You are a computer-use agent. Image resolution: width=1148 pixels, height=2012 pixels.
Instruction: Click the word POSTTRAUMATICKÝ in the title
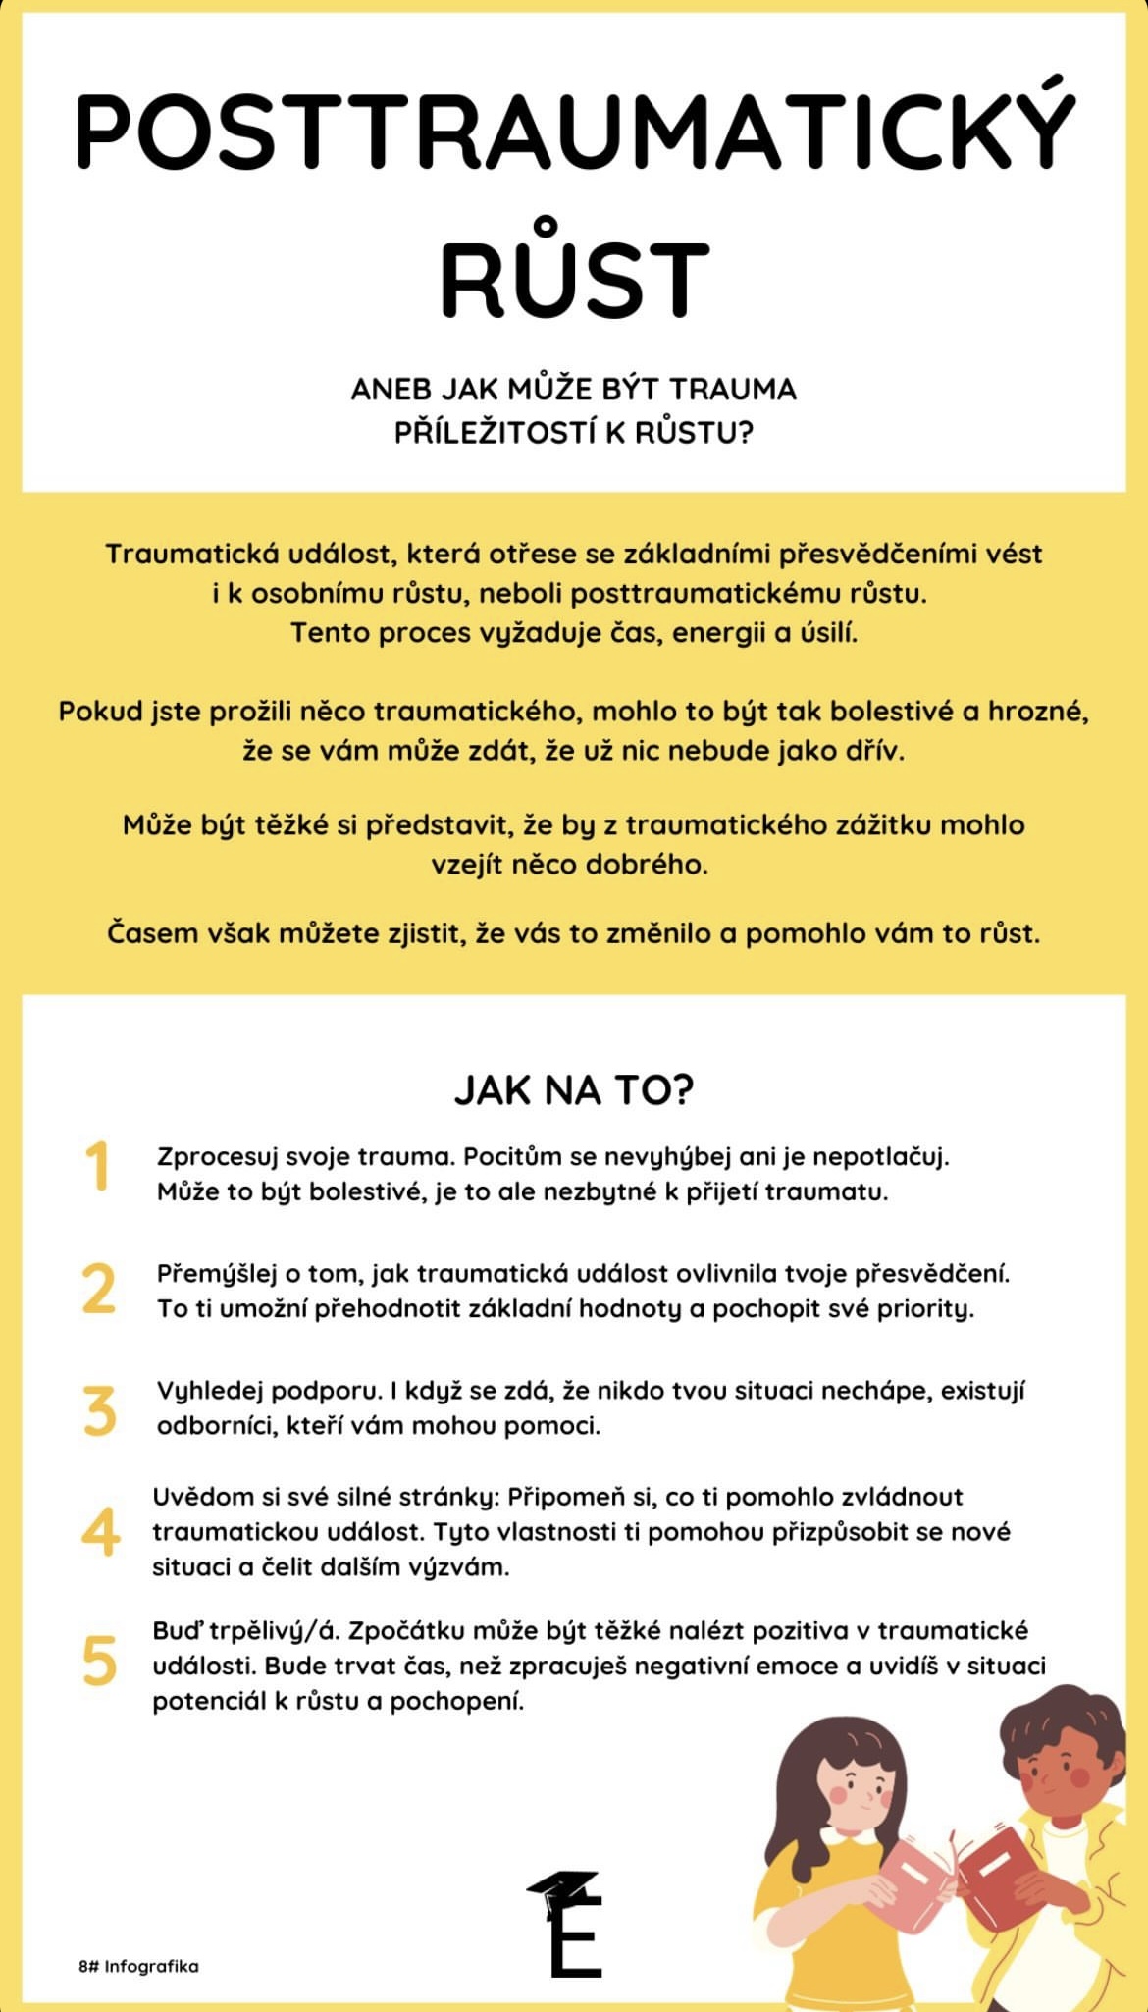[x=574, y=128]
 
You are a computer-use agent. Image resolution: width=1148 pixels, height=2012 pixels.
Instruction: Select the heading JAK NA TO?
[x=574, y=1090]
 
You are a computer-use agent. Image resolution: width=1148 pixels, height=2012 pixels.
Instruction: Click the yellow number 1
[x=97, y=1167]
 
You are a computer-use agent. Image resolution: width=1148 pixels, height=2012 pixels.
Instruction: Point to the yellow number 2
[x=98, y=1289]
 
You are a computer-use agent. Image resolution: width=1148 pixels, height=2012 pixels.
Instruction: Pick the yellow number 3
[x=99, y=1410]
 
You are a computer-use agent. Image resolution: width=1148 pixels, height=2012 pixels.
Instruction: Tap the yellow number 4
[x=100, y=1532]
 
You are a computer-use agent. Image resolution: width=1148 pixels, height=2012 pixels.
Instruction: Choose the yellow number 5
[x=99, y=1662]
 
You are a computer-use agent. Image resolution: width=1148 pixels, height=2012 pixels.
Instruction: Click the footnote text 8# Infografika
[x=138, y=1966]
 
